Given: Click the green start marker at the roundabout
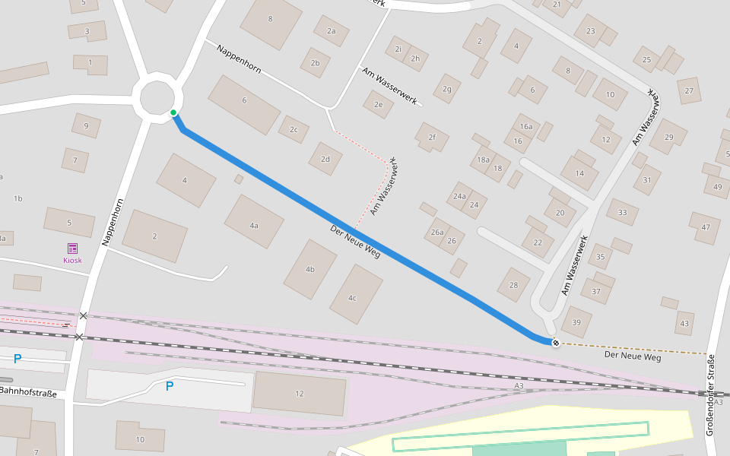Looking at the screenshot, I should click(x=173, y=113).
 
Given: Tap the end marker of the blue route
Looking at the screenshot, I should click(x=556, y=343).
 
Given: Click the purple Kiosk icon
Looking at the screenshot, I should click(x=72, y=249).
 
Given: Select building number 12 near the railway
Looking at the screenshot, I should click(x=299, y=394).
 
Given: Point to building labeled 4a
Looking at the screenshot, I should click(x=254, y=225).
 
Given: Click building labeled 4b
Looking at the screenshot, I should click(x=309, y=269).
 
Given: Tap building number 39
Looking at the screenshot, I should click(x=576, y=323).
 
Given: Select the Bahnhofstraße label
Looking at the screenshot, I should click(x=28, y=392).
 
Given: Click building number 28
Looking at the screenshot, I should click(x=514, y=285).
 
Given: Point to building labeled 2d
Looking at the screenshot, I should click(x=325, y=159).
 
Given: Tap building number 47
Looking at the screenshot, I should click(x=705, y=227).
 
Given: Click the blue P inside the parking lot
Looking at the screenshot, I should click(x=170, y=386).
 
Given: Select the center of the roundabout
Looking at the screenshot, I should click(x=158, y=97).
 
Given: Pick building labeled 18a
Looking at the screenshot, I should click(x=483, y=160).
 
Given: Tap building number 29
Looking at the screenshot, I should click(x=668, y=137).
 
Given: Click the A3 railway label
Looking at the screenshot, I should click(x=519, y=387).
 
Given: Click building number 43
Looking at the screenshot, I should click(x=684, y=324).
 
